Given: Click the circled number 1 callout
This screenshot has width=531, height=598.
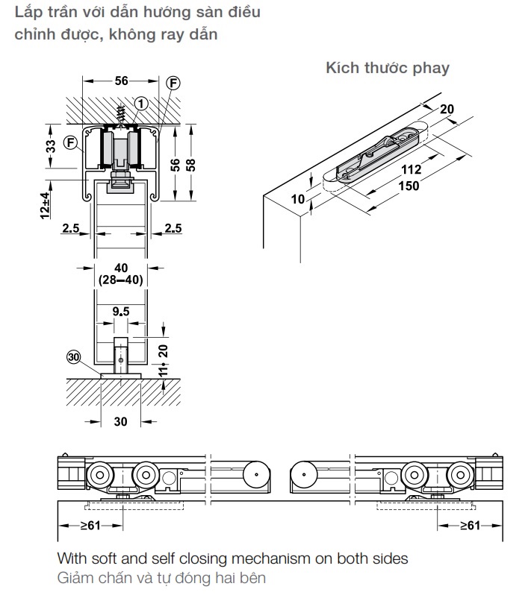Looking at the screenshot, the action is [141, 104].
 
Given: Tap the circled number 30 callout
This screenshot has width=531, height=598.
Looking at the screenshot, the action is [73, 357].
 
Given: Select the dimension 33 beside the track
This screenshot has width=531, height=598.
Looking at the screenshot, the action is [51, 146].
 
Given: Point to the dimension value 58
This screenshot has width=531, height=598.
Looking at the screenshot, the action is [190, 165].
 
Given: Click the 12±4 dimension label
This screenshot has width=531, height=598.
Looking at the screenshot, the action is [45, 206].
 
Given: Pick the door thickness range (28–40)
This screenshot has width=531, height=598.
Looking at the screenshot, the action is [121, 280].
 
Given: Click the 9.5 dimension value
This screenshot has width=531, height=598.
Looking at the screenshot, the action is [121, 312].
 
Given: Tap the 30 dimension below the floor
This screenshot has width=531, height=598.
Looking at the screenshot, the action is [121, 421].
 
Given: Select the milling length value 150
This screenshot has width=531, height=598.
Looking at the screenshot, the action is [409, 186].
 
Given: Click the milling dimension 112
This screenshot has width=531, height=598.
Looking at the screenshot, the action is [411, 169].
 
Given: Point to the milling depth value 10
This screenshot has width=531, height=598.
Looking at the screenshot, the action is [298, 198].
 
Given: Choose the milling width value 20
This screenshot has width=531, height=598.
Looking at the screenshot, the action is [447, 109].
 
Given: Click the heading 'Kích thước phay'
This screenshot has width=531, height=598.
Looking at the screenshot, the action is [388, 69].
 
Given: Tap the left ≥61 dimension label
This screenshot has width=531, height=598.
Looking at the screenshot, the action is [90, 526].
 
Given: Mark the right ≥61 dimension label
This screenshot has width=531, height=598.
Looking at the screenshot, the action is [470, 526].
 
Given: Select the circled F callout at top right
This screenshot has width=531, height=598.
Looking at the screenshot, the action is [173, 83].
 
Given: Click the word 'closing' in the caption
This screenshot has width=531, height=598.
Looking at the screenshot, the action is [204, 559].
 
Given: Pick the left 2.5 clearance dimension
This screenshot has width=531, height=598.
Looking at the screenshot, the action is [71, 228].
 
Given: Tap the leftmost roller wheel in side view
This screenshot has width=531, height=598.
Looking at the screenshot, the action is [100, 475].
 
